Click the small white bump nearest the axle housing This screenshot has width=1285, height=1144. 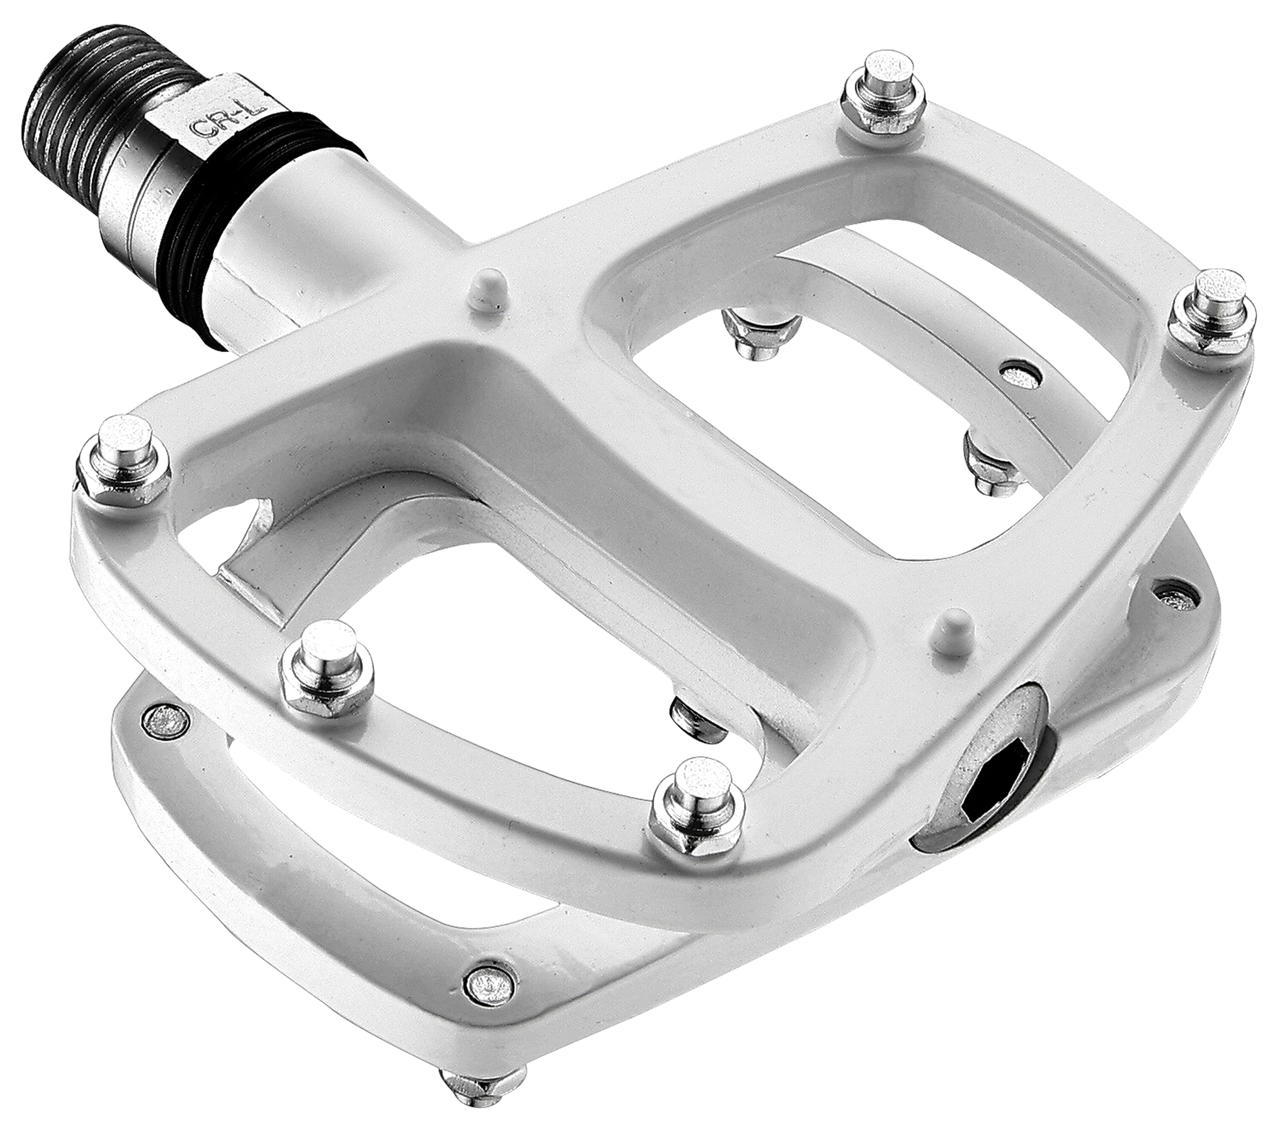point(488,292)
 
